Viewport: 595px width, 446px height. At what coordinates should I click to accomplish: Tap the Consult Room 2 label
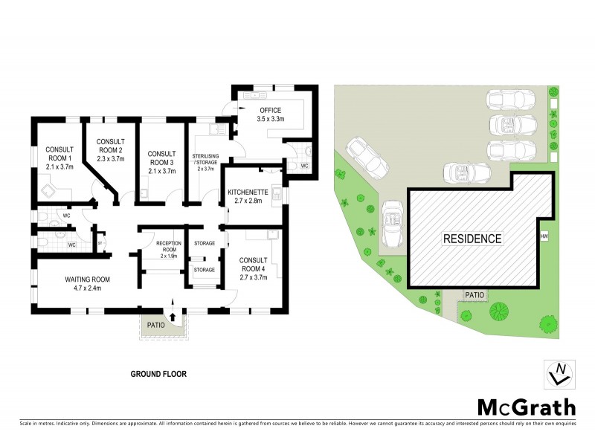pos(110,149)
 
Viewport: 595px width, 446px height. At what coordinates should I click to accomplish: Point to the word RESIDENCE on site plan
pos(473,239)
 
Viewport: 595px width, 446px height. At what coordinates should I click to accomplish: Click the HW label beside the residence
pos(544,237)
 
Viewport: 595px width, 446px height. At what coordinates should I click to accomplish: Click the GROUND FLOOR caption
pos(158,375)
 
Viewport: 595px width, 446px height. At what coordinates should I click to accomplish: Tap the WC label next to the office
pos(305,166)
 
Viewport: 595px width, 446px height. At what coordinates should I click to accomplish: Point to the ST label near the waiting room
pos(99,242)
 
